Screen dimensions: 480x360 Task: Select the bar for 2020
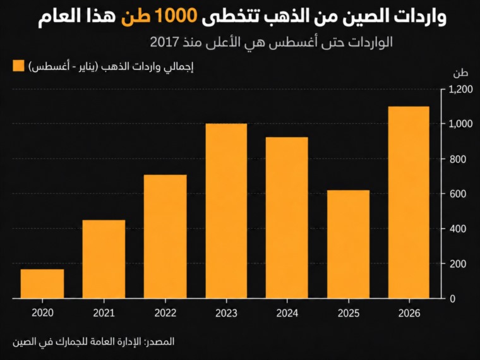tap(42, 284)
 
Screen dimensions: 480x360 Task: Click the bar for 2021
tap(104, 259)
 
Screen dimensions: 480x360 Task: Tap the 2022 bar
tap(165, 236)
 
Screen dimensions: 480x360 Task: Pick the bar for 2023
tap(226, 211)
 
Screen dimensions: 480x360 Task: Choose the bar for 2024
tap(287, 218)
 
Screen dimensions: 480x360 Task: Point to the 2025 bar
tap(349, 244)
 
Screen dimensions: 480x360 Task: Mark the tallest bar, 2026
tap(409, 202)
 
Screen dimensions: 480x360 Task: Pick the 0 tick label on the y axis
tap(453, 299)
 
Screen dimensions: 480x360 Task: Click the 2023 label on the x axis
tap(226, 313)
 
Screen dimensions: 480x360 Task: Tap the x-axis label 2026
tap(409, 313)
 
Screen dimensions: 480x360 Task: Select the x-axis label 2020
tap(42, 313)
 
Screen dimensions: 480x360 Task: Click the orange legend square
tap(18, 66)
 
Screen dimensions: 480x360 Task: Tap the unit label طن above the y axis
tap(460, 73)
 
